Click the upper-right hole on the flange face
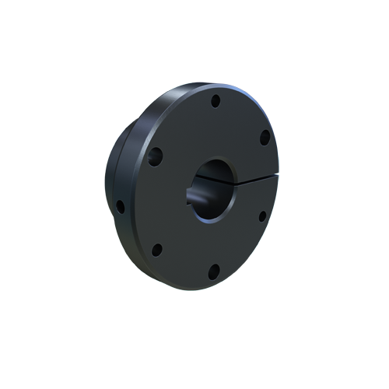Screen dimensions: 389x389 coord(265,137)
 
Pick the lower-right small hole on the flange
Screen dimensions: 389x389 coord(262,216)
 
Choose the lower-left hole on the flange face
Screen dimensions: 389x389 coord(156,250)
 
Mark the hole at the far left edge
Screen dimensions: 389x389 coord(120,207)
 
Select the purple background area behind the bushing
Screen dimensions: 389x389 coord(261,93)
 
